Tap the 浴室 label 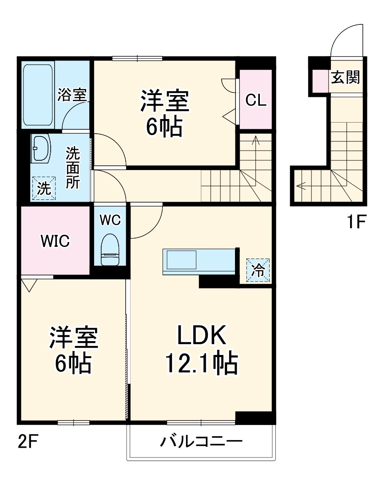click(x=72, y=94)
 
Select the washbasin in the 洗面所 click(x=42, y=148)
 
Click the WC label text click(x=110, y=219)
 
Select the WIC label click(x=55, y=241)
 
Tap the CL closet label click(x=256, y=101)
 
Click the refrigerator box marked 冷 click(x=258, y=270)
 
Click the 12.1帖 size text click(x=202, y=364)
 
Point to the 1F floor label click(x=356, y=221)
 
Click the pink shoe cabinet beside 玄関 click(x=319, y=80)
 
